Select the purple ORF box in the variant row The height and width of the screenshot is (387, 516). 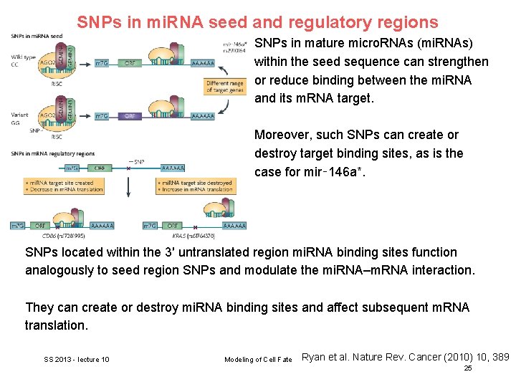[130, 115]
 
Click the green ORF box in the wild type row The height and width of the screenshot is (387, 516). [130, 63]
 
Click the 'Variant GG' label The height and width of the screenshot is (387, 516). [21, 118]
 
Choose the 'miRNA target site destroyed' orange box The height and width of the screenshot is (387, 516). [195, 186]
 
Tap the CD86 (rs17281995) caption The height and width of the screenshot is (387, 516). [64, 235]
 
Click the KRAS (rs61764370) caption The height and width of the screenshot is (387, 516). [194, 235]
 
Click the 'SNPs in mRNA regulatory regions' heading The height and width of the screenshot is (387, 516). [52, 153]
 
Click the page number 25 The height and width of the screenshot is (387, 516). [467, 368]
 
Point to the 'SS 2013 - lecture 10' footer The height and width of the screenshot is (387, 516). [77, 359]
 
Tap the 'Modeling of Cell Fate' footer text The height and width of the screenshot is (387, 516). [258, 359]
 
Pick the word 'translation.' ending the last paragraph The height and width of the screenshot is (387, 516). [55, 325]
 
